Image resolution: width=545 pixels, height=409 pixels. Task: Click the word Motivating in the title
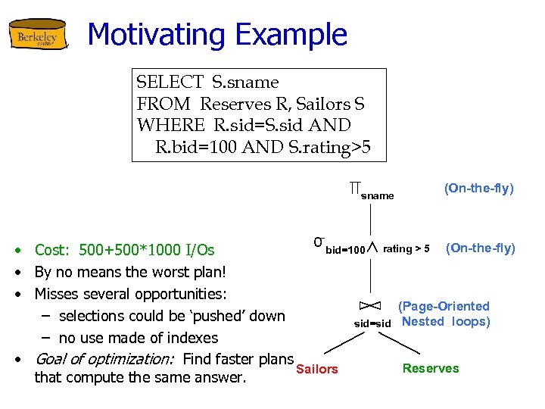(x=156, y=35)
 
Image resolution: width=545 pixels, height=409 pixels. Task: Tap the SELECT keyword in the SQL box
(x=170, y=83)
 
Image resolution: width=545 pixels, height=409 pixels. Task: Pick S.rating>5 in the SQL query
(x=330, y=146)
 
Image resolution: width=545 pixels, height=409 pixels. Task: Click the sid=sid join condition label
(x=372, y=323)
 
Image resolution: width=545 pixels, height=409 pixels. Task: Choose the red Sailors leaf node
(x=317, y=370)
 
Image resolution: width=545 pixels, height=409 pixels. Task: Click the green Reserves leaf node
(x=430, y=369)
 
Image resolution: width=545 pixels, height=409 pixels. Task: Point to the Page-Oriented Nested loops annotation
(x=445, y=314)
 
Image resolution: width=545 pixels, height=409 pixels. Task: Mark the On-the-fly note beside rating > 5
(x=480, y=248)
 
